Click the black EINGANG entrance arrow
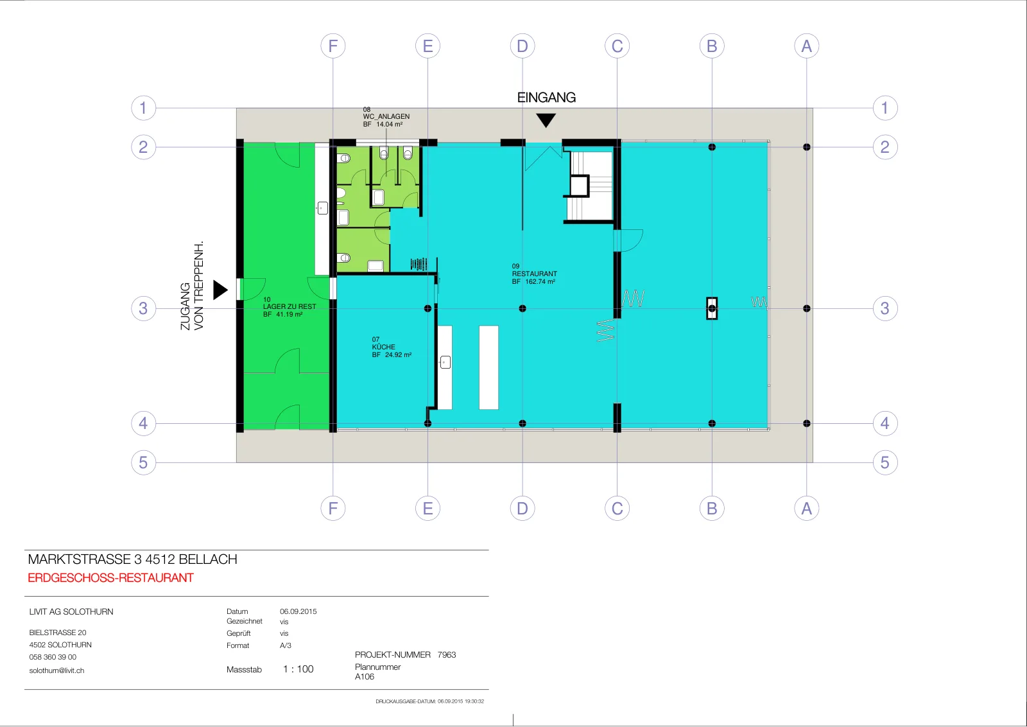pos(546,120)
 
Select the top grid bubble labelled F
pos(333,46)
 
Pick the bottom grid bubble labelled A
pos(806,508)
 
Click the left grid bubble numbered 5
pos(144,462)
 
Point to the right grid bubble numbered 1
pos(885,108)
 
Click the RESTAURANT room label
pos(535,274)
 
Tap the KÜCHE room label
pos(384,347)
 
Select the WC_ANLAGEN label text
pos(386,116)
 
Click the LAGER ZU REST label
pos(289,306)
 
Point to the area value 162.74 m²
pos(540,282)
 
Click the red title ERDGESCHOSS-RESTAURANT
pos(111,578)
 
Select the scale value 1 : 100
pos(298,669)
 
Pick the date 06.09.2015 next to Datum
pos(298,611)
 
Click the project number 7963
pos(447,654)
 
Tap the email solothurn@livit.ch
pos(57,670)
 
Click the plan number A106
pos(365,676)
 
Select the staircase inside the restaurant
pos(590,186)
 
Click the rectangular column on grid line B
pos(712,308)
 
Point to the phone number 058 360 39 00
pos(53,657)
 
